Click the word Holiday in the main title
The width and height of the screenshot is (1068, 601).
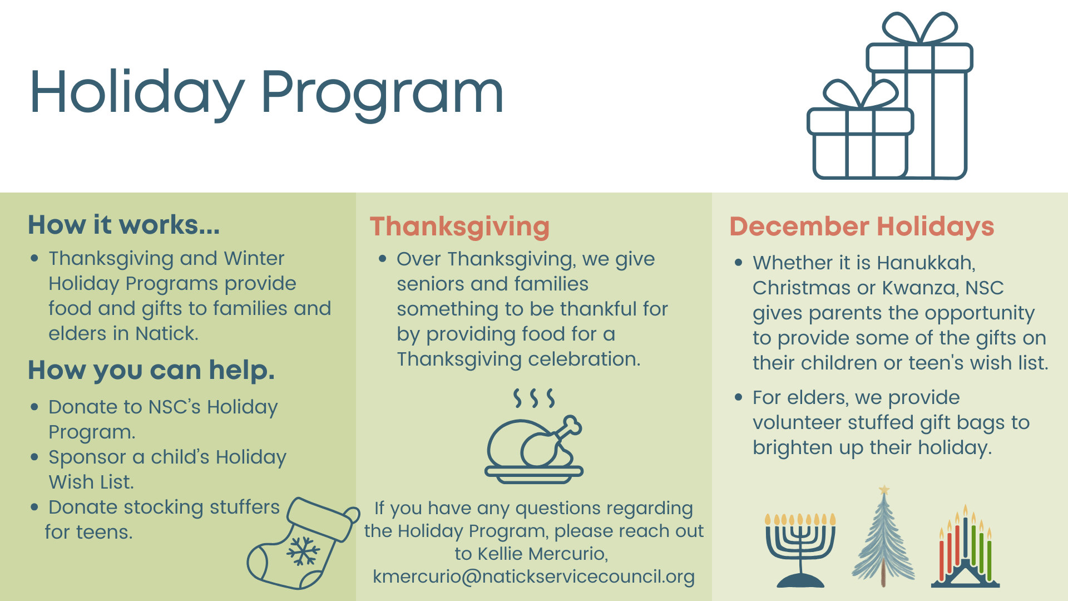pyautogui.click(x=137, y=92)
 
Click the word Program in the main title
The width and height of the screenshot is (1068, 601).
pyautogui.click(x=382, y=92)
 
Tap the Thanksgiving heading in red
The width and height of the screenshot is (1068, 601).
pyautogui.click(x=459, y=226)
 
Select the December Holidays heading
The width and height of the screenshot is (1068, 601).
pyautogui.click(x=862, y=226)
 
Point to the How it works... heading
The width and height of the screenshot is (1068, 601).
pyautogui.click(x=123, y=225)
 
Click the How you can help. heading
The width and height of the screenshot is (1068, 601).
pyautogui.click(x=151, y=370)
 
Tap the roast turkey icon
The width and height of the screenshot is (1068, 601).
pyautogui.click(x=534, y=445)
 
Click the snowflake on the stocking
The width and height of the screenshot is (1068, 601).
pyautogui.click(x=303, y=551)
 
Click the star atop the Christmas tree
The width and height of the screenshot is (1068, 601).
pyautogui.click(x=884, y=490)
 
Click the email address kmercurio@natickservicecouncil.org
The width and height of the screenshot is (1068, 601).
pyautogui.click(x=533, y=577)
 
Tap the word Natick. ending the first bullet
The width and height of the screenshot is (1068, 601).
pyautogui.click(x=167, y=333)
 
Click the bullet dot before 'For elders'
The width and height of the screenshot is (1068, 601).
pyautogui.click(x=739, y=397)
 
